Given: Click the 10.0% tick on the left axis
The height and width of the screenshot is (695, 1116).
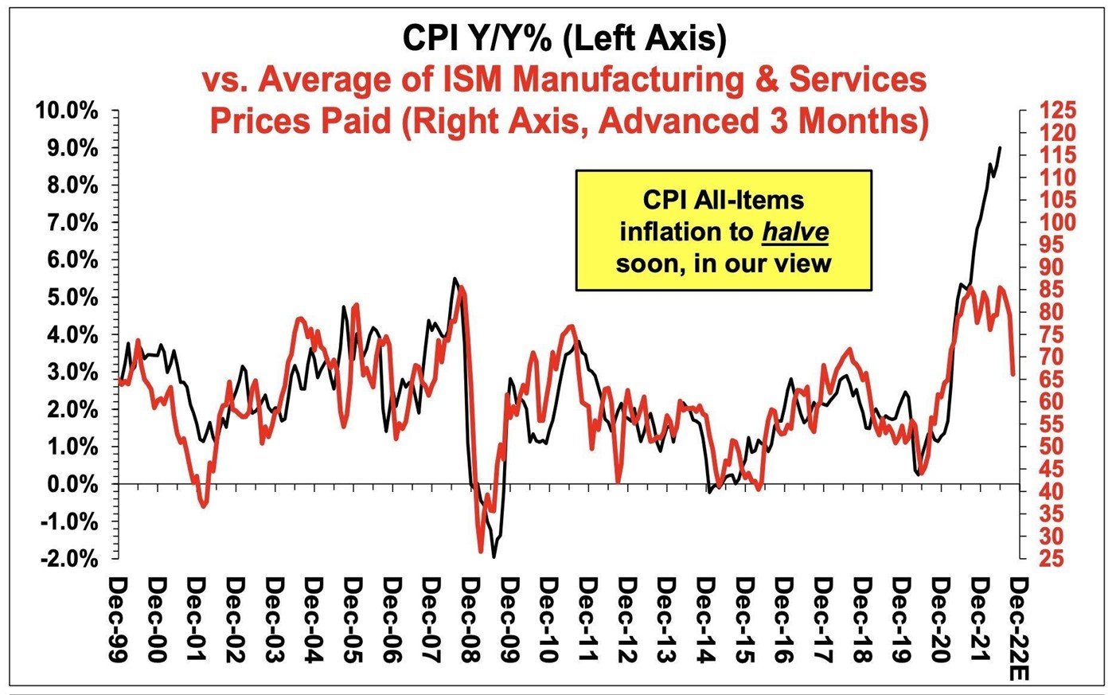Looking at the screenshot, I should [64, 111].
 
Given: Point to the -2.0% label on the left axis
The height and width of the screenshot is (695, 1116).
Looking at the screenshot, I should [67, 559].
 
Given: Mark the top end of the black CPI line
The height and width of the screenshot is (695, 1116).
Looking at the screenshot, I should [1001, 147].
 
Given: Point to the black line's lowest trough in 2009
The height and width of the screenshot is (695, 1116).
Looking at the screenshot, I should [494, 556].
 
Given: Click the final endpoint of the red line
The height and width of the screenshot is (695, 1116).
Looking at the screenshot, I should [1013, 374].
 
